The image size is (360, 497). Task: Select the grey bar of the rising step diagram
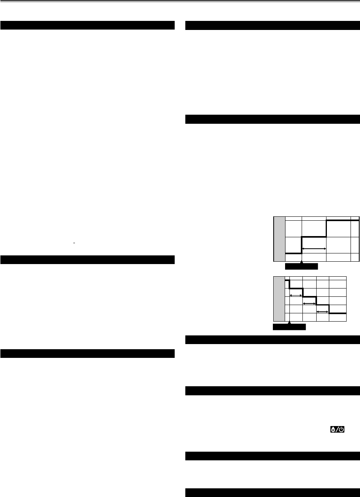(280, 238)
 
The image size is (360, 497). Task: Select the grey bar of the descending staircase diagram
(279, 299)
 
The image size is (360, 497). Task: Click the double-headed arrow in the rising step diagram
(314, 249)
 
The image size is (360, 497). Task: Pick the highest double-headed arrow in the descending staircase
(296, 295)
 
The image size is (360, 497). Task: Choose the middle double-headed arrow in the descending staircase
(310, 303)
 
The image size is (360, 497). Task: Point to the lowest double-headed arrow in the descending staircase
(323, 311)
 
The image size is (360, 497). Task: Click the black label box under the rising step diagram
(301, 267)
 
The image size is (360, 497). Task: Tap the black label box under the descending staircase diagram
(289, 327)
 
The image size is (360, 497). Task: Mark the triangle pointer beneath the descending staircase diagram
(290, 323)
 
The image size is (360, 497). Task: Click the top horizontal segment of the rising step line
(342, 221)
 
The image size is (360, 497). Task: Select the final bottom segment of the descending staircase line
(338, 313)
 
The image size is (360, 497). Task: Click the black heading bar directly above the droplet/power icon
(272, 391)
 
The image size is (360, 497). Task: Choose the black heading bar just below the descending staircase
(272, 339)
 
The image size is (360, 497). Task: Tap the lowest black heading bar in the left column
(88, 354)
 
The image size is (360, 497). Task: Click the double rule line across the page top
(180, 2)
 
